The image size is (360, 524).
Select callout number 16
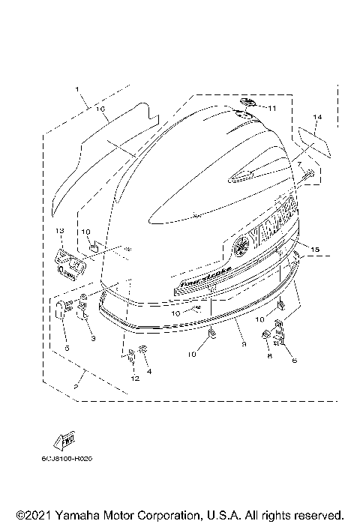pyautogui.click(x=100, y=109)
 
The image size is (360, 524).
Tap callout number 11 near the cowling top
pyautogui.click(x=272, y=109)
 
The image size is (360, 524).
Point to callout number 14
pyautogui.click(x=317, y=118)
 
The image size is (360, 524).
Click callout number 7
pyautogui.click(x=298, y=163)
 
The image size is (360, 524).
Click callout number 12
pyautogui.click(x=134, y=379)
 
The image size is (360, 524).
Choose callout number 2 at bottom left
pyautogui.click(x=76, y=386)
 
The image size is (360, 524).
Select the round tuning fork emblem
pyautogui.click(x=240, y=245)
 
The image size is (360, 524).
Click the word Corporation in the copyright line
pyautogui.click(x=158, y=516)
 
